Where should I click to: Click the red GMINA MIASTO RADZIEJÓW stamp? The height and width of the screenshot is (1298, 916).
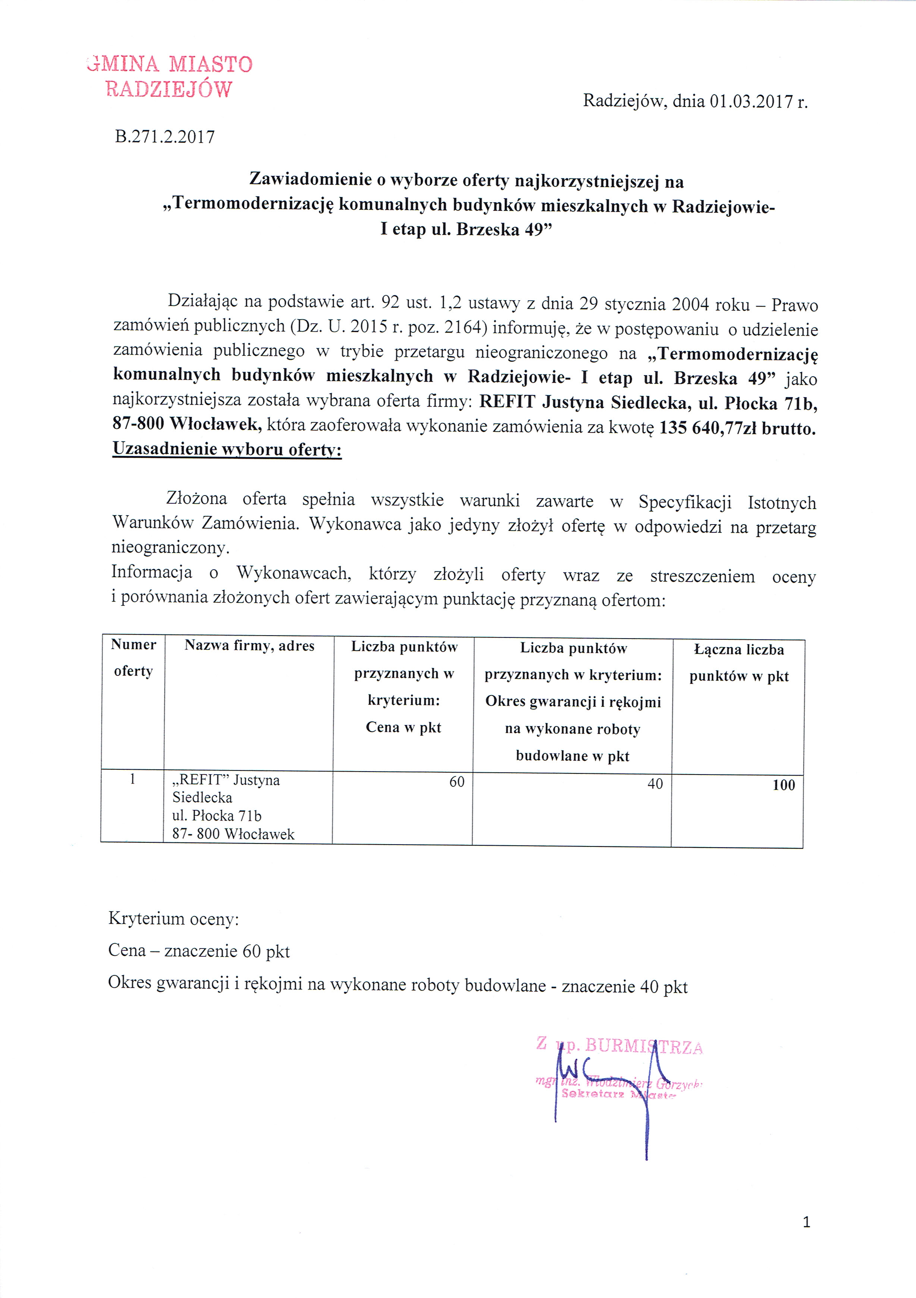click(170, 76)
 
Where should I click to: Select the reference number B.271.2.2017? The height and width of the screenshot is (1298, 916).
click(164, 137)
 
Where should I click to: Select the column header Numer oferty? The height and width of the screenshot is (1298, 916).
click(134, 658)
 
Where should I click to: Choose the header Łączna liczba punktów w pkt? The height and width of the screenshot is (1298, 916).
click(738, 662)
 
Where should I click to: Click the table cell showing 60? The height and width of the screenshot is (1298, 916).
click(457, 782)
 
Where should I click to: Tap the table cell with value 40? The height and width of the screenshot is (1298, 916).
click(655, 783)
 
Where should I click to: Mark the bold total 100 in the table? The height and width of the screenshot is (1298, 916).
click(784, 785)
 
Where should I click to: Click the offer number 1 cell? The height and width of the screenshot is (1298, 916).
click(132, 780)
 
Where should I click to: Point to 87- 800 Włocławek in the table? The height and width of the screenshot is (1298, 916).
click(233, 834)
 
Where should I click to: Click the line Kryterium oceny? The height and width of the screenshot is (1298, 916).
click(174, 919)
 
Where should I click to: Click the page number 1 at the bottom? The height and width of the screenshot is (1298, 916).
click(806, 1222)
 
